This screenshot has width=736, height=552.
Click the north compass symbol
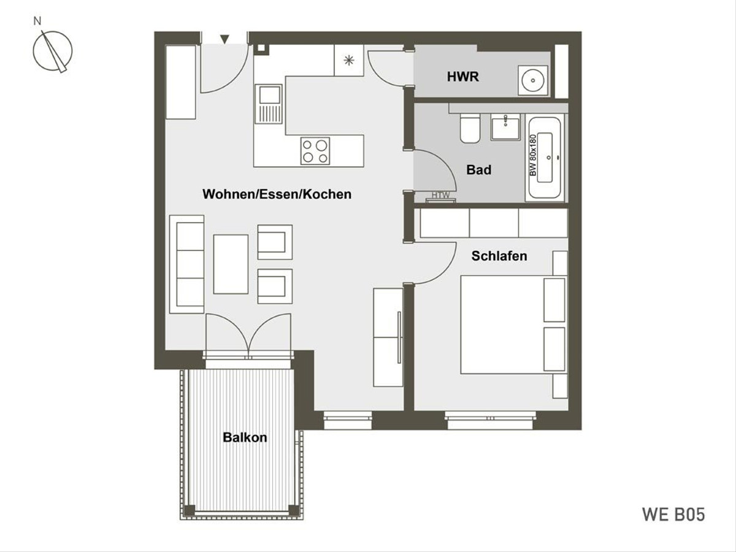coord(53,51)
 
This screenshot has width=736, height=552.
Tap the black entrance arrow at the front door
coord(224,39)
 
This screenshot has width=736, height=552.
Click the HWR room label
coord(462,77)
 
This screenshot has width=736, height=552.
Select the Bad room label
coord(479,170)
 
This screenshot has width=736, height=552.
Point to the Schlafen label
coord(499,256)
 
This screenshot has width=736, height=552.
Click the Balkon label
coord(245,437)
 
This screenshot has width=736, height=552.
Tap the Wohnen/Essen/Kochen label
coord(277,194)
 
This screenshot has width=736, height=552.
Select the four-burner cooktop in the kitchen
coord(315,151)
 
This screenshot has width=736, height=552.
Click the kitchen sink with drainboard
coord(268,104)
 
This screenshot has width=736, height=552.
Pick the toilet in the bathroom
coord(470,128)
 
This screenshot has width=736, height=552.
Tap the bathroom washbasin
coord(505,127)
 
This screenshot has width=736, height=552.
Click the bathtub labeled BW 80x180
coord(545,158)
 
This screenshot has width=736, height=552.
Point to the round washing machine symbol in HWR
coord(533,80)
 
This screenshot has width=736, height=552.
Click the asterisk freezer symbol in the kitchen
coord(349,60)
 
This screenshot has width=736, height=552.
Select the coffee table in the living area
coord(231,264)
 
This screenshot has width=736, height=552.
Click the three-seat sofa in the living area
coord(187,264)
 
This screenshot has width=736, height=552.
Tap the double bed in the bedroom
coord(513,324)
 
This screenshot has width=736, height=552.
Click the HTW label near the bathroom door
coord(440,194)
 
